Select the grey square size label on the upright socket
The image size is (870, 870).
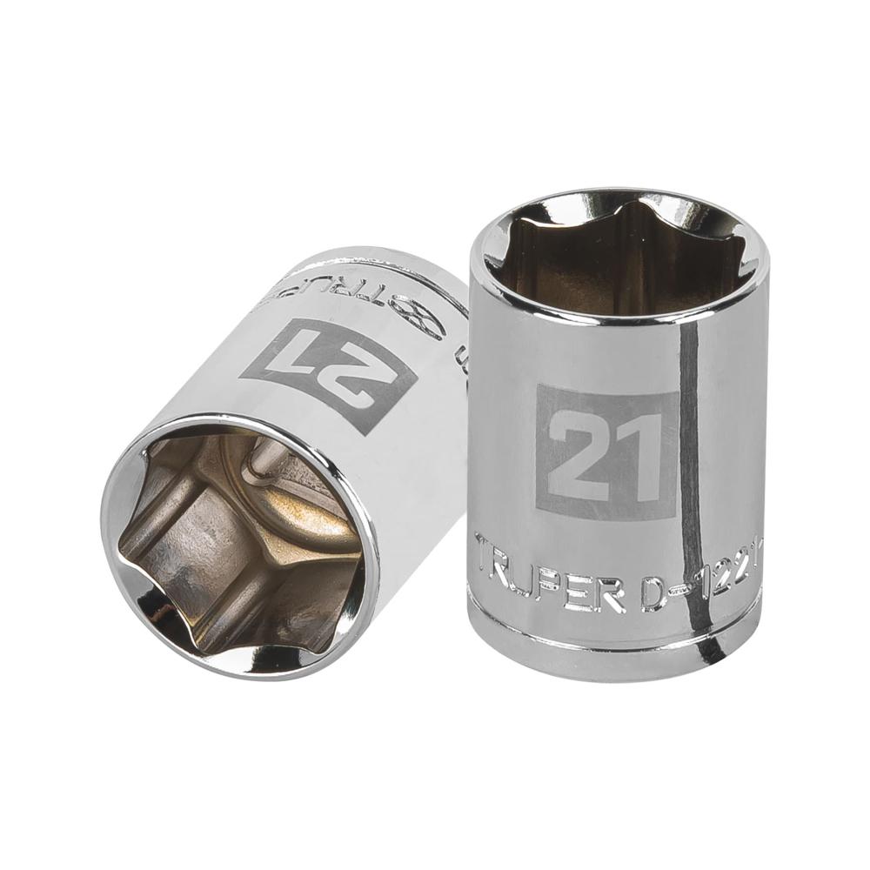[606, 451]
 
